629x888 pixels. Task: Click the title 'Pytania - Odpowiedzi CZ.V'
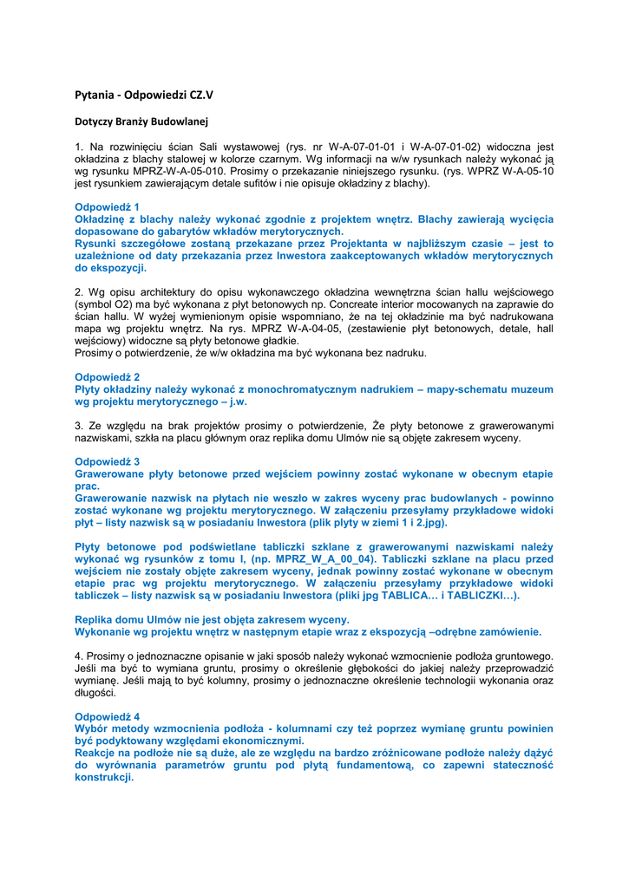click(x=143, y=94)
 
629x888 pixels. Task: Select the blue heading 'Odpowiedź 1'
click(x=107, y=207)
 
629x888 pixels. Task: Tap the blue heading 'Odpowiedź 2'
click(x=107, y=377)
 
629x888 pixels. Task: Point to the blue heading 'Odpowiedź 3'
click(x=107, y=461)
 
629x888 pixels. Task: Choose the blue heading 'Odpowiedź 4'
click(x=107, y=716)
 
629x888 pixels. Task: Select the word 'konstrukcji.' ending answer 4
click(x=104, y=778)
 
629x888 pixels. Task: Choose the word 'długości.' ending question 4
click(x=95, y=693)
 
